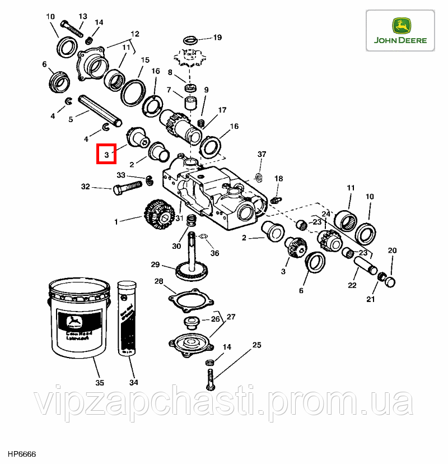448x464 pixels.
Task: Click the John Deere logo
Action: pyautogui.click(x=401, y=31)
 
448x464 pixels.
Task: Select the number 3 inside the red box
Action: pyautogui.click(x=105, y=153)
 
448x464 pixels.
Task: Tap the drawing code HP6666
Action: pyautogui.click(x=21, y=453)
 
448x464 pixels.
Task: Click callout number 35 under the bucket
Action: pyautogui.click(x=100, y=384)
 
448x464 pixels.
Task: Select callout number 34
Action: pyautogui.click(x=133, y=384)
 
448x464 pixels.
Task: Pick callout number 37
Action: pyautogui.click(x=262, y=154)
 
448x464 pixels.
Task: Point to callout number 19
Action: pyautogui.click(x=217, y=38)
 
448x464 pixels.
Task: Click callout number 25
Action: pyautogui.click(x=256, y=345)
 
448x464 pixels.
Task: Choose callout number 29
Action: pyautogui.click(x=155, y=265)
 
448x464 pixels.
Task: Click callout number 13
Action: pyautogui.click(x=83, y=17)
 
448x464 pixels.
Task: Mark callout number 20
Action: pyautogui.click(x=392, y=250)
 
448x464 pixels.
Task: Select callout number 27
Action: pyautogui.click(x=231, y=317)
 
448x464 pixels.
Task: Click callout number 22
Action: pyautogui.click(x=352, y=285)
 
